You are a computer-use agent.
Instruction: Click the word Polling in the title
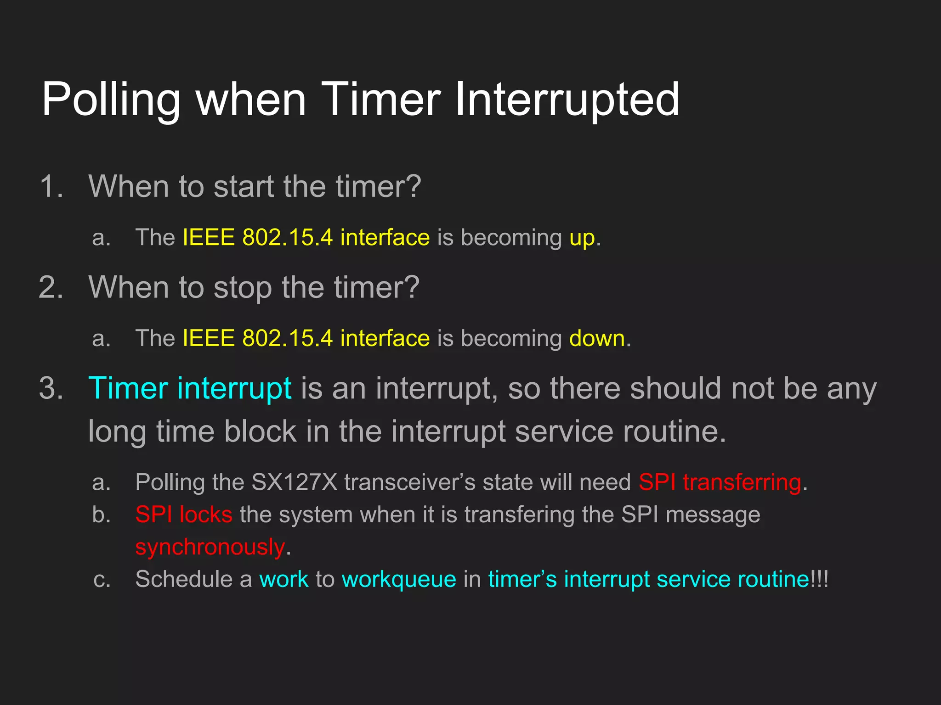pos(111,100)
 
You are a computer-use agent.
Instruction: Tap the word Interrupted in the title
pos(567,100)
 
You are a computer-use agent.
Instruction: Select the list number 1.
pos(51,187)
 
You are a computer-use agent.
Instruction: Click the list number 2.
pos(51,288)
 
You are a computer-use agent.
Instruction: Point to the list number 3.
pos(51,389)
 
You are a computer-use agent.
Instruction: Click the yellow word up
pos(582,238)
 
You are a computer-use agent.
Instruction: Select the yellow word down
pos(597,339)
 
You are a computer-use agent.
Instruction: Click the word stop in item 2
pos(244,288)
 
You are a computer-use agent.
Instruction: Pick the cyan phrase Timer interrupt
pos(190,389)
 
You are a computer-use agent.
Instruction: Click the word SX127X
pos(294,482)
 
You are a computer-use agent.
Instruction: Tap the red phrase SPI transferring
pos(720,482)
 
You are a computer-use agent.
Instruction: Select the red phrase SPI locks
pos(184,515)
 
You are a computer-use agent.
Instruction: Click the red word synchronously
pos(210,547)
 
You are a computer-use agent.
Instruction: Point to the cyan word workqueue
pos(399,579)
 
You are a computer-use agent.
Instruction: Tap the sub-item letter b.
pos(102,515)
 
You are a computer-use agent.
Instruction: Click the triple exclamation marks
pos(819,579)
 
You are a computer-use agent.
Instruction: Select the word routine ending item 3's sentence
pos(674,432)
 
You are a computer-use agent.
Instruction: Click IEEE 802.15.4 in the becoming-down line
pos(257,339)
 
